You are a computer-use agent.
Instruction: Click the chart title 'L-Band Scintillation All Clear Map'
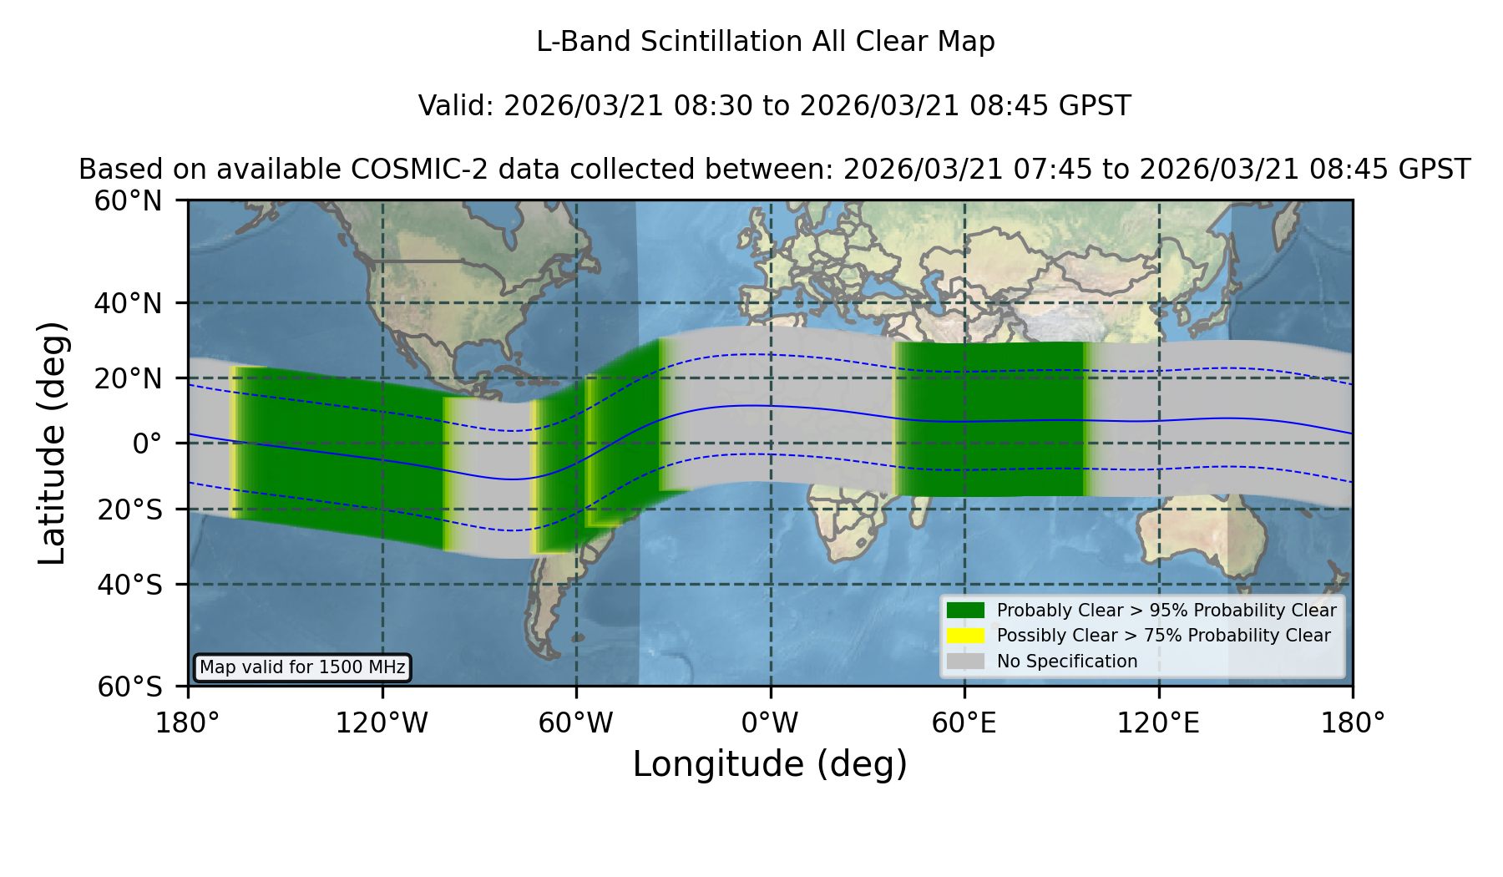(x=766, y=42)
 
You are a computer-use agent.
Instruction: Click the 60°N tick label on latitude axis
(x=128, y=201)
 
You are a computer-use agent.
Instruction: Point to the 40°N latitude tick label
(x=128, y=303)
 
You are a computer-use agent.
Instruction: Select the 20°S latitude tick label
(x=129, y=509)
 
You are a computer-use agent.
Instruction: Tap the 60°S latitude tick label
(x=129, y=687)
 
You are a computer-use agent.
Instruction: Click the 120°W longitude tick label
(x=382, y=722)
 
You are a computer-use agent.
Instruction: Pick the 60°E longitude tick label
(x=964, y=722)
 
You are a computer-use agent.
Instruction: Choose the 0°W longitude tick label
(x=771, y=722)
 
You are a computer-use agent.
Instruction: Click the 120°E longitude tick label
(x=1159, y=722)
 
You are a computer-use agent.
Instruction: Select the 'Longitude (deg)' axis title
(x=770, y=764)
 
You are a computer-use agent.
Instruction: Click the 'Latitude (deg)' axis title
(x=52, y=443)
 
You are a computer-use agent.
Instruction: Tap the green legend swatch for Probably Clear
(x=965, y=611)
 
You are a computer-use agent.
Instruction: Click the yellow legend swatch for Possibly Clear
(x=965, y=636)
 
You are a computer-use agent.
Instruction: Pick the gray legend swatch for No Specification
(x=965, y=662)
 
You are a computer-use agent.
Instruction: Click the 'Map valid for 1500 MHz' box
(x=302, y=667)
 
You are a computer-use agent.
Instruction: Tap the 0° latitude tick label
(x=147, y=444)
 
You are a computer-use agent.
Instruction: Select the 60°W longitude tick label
(x=576, y=722)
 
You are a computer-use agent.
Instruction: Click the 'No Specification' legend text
(x=1067, y=662)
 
